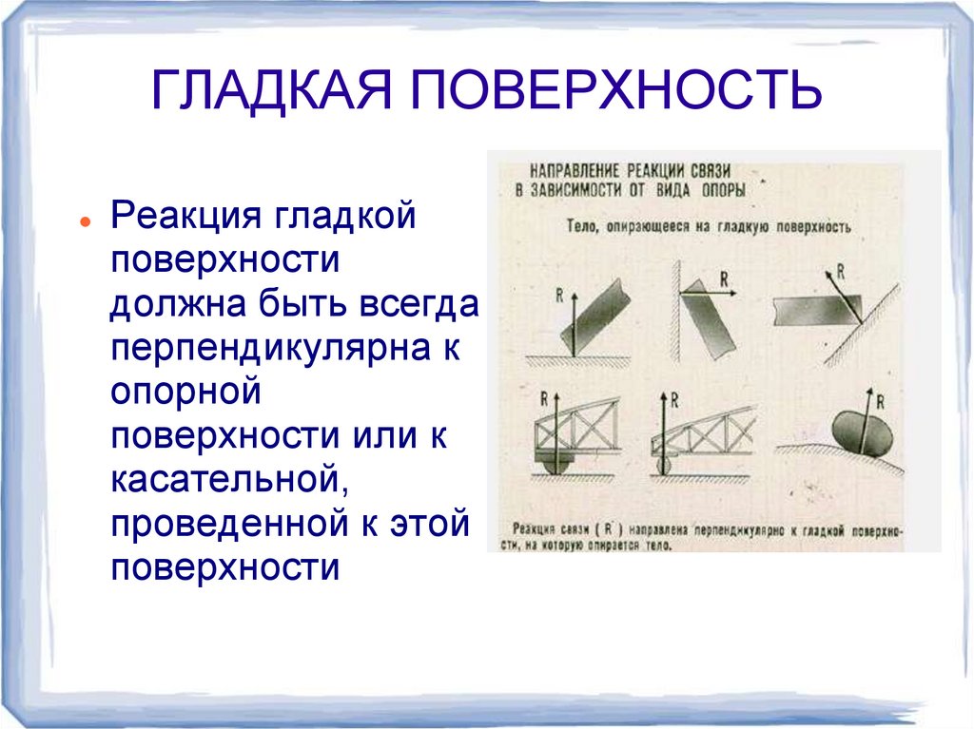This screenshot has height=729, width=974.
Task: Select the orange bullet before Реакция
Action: pos(86,220)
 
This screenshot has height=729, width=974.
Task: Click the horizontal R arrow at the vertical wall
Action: pos(714,294)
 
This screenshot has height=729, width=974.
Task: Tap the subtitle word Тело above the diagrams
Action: pos(580,228)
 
